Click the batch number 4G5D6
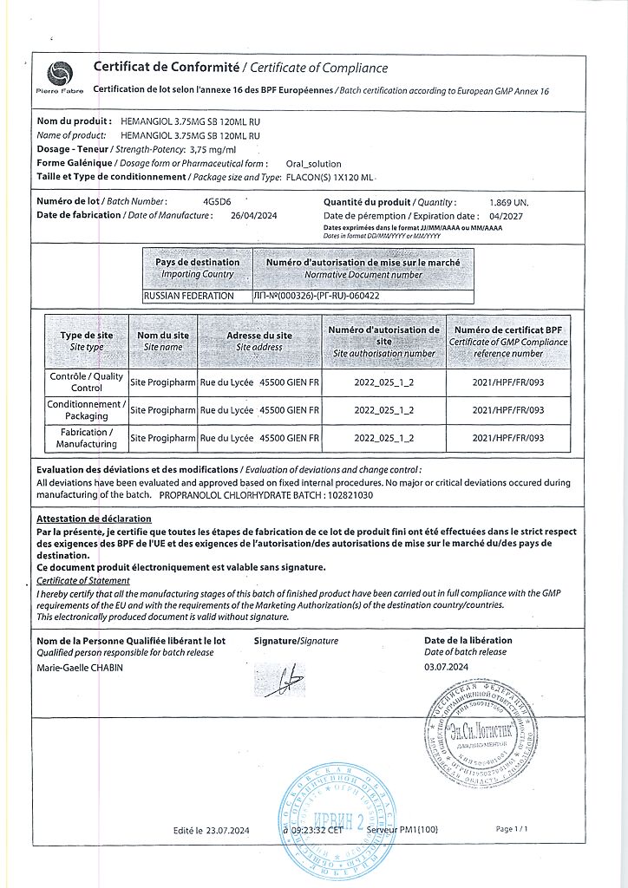pos(213,201)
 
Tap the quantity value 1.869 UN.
pos(508,202)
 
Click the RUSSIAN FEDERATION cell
pos(189,296)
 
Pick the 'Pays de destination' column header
pos(198,268)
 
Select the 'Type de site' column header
pos(87,341)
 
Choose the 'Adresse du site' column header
pos(259,341)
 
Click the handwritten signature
pos(285,683)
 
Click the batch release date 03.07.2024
pos(446,667)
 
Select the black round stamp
pos(482,725)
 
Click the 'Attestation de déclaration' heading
pos(94,519)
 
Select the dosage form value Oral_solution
pos(314,163)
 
